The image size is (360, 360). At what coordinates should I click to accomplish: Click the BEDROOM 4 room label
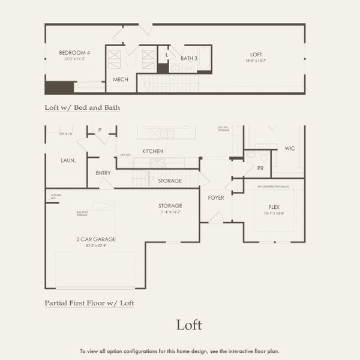71,53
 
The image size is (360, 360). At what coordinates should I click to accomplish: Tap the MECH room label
121,79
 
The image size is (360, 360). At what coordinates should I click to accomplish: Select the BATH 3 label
189,58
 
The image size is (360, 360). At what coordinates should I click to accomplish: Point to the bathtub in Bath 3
204,59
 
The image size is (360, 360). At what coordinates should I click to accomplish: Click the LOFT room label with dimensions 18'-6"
257,54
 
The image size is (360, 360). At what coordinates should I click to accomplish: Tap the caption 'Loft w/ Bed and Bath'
82,108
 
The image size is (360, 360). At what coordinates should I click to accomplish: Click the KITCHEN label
152,151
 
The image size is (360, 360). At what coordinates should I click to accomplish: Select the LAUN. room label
67,160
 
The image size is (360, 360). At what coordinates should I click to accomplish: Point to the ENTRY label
103,173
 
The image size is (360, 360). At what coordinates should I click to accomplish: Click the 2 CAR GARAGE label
96,239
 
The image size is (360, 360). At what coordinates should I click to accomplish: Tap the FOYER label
216,197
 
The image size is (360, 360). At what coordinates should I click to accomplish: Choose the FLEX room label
274,206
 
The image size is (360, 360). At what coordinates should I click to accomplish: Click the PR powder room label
260,169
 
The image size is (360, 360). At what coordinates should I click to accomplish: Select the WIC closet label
290,148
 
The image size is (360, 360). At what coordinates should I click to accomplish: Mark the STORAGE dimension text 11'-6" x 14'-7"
170,212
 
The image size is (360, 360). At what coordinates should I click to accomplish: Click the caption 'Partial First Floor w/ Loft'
89,303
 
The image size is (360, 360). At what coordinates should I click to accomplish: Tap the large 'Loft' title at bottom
189,325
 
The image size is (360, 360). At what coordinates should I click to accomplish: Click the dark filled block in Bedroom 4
59,88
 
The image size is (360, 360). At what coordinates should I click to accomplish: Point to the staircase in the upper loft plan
168,82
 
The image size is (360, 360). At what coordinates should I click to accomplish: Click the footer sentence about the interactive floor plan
179,351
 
